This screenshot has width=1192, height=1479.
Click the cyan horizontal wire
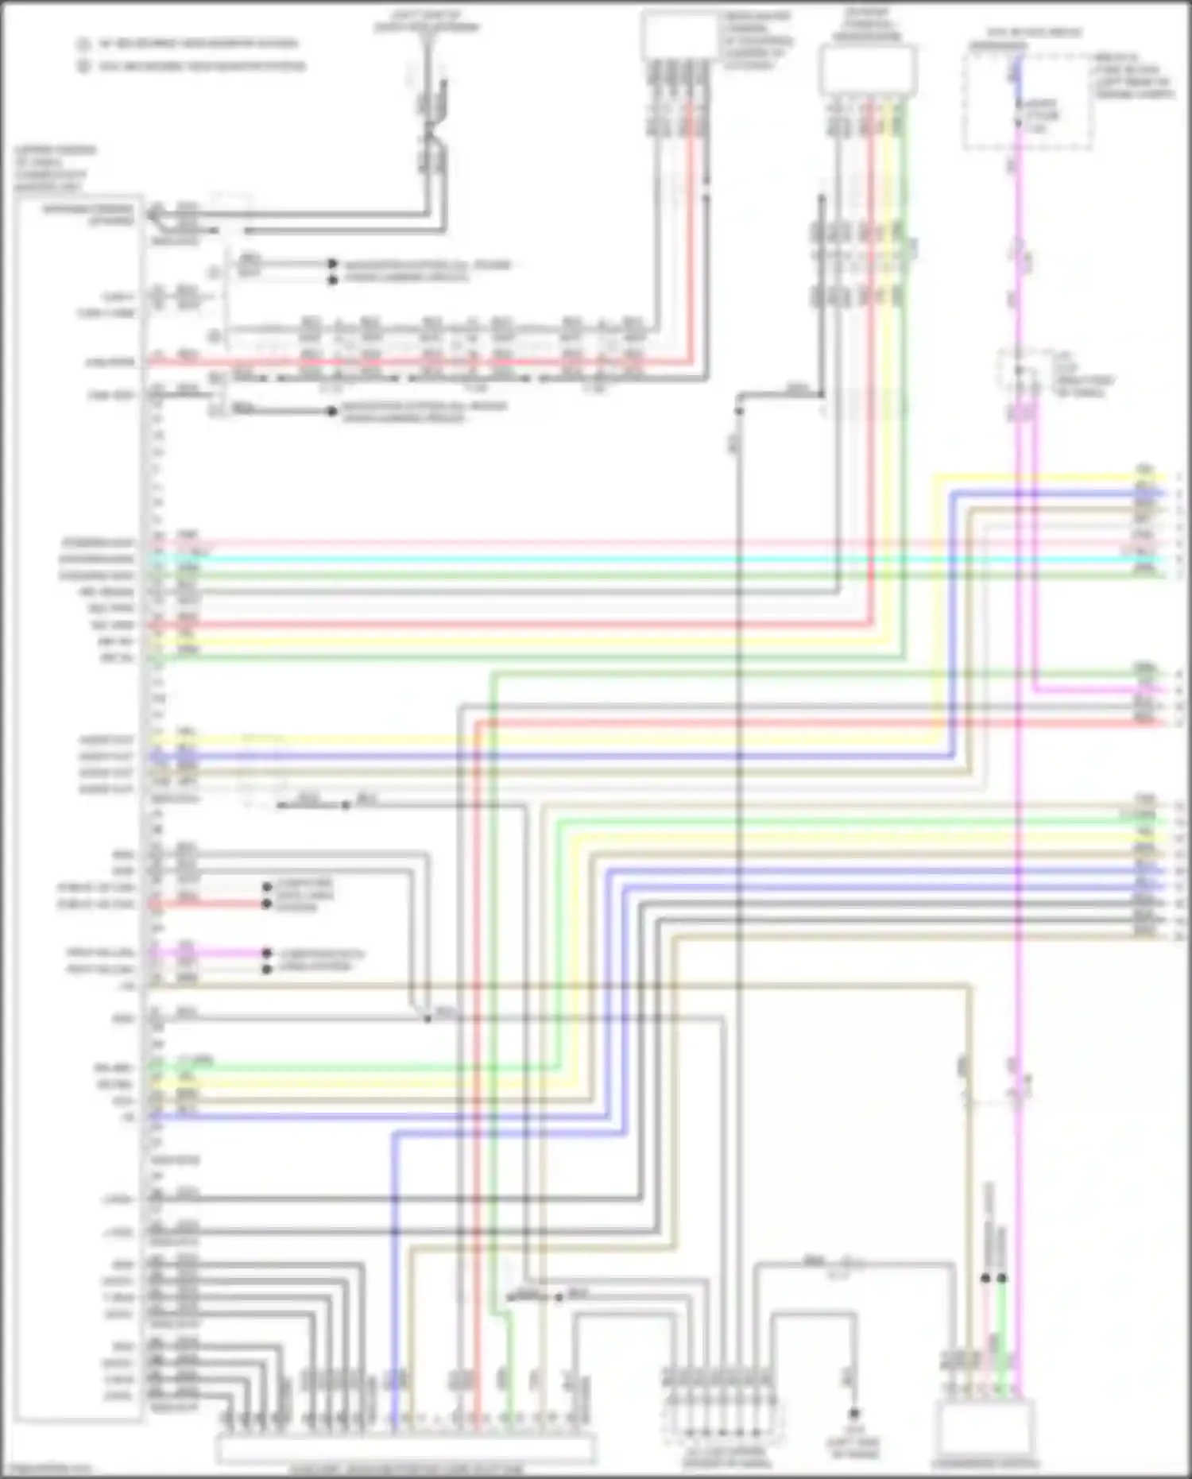click(x=636, y=559)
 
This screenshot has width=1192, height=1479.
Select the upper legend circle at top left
click(x=83, y=45)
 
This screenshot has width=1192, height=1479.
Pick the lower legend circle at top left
click(x=83, y=67)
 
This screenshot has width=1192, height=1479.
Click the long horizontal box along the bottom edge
click(x=405, y=1448)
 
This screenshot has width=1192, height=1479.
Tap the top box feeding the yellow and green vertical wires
click(x=868, y=70)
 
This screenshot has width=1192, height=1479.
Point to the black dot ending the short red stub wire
click(x=267, y=904)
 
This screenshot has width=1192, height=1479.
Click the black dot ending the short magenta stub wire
click(x=267, y=953)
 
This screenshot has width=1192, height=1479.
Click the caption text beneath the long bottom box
click(x=405, y=1469)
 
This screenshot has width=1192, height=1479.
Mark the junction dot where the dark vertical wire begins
click(x=739, y=410)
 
